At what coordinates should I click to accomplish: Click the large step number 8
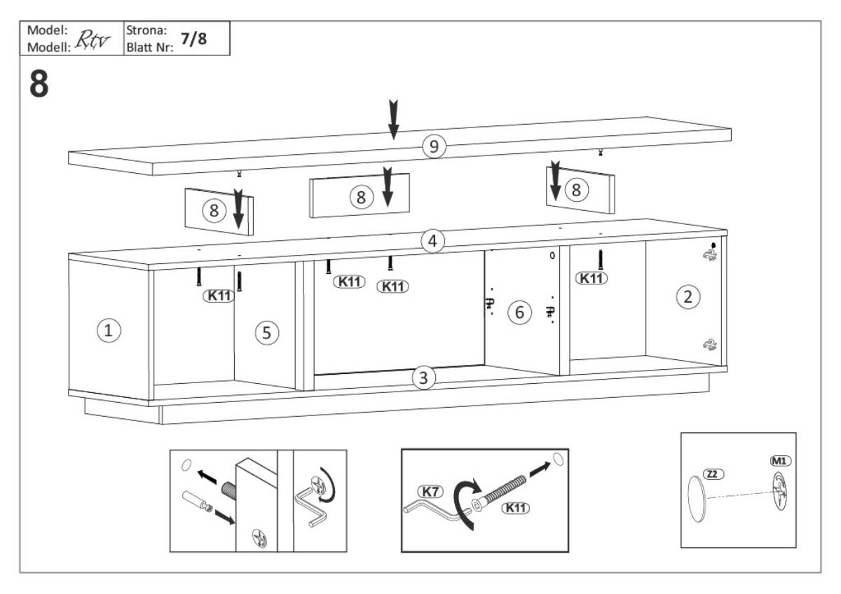(39, 85)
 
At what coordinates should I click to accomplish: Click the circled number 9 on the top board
(434, 146)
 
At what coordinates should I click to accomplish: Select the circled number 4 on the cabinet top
(433, 242)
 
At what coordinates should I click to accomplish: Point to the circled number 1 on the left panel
(108, 331)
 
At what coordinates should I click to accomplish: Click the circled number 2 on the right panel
(688, 296)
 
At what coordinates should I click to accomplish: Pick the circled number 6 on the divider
(519, 312)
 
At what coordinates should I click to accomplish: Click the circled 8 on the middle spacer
(361, 198)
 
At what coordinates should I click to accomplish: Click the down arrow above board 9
(394, 119)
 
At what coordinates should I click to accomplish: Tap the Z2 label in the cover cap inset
(713, 474)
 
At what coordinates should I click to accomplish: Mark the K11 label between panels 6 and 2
(592, 278)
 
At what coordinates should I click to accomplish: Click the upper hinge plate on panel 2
(711, 256)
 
